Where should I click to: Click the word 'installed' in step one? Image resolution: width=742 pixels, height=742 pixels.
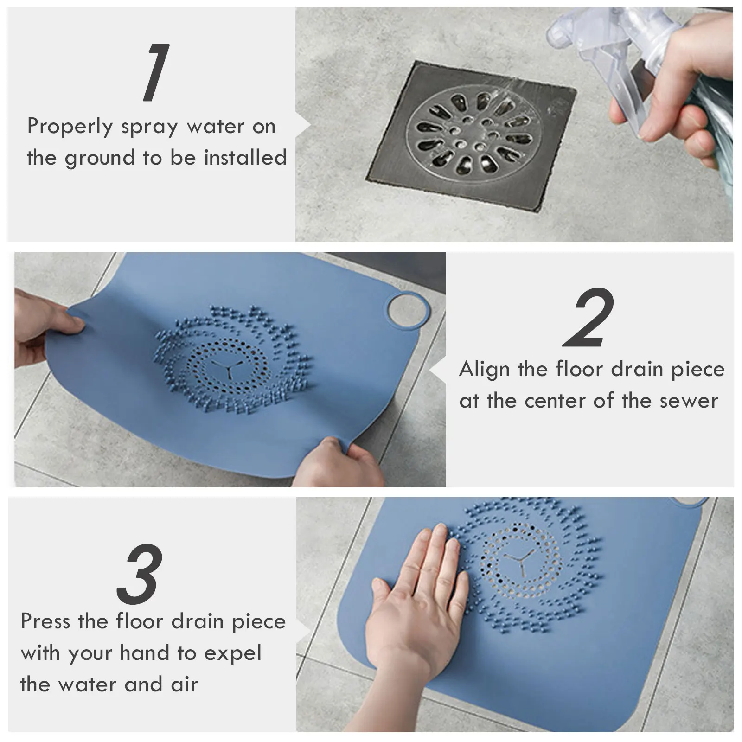pyautogui.click(x=245, y=158)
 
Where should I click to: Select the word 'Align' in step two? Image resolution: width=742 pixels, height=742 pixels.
pyautogui.click(x=484, y=370)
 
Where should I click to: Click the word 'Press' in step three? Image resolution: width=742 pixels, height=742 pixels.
pyautogui.click(x=46, y=621)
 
